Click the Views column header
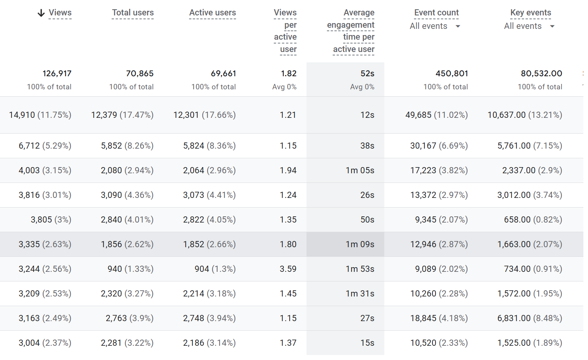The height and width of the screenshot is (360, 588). [x=60, y=13]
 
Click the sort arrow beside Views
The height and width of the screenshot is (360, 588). [x=41, y=13]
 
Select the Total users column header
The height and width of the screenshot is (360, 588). [x=133, y=13]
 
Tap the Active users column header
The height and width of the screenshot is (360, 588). [x=213, y=13]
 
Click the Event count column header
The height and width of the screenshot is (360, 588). [x=436, y=13]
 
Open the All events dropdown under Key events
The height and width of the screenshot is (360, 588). [x=529, y=26]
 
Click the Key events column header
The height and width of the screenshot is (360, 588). [x=531, y=13]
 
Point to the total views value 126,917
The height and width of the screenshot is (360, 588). [x=57, y=74]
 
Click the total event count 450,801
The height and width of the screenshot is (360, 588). [x=452, y=74]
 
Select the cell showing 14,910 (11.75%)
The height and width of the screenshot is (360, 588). [x=40, y=115]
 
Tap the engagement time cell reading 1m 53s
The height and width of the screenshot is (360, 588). [x=360, y=269]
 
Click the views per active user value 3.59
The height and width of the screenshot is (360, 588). [x=288, y=269]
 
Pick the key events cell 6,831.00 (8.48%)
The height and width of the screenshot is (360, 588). [x=529, y=318]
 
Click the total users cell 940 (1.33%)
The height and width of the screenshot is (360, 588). [x=131, y=269]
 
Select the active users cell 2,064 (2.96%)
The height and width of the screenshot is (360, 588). [x=209, y=171]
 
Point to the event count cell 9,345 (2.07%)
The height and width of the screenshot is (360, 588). [x=441, y=220]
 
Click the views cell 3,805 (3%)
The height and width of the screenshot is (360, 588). [x=51, y=220]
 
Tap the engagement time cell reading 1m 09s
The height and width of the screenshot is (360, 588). [x=360, y=244]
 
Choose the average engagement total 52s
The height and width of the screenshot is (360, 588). [x=367, y=74]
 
